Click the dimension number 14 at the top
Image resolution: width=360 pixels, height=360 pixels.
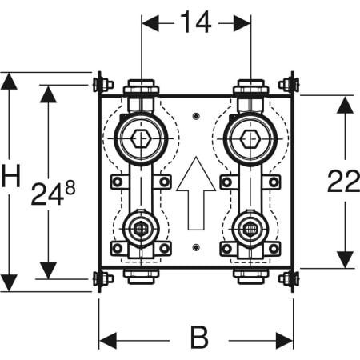coord(196,22)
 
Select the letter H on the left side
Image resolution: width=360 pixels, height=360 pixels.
coord(11,176)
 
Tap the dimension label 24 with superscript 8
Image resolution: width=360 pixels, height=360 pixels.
coord(53,194)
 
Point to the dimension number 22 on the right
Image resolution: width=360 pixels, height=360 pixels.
coord(343,182)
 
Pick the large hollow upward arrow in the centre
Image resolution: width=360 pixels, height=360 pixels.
coord(196,193)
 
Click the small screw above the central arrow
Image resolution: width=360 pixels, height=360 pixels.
coord(196,116)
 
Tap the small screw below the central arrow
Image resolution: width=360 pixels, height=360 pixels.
coord(196,247)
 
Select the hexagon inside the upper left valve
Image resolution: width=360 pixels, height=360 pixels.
coord(141,138)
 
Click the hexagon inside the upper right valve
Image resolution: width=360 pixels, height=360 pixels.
coord(250,138)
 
